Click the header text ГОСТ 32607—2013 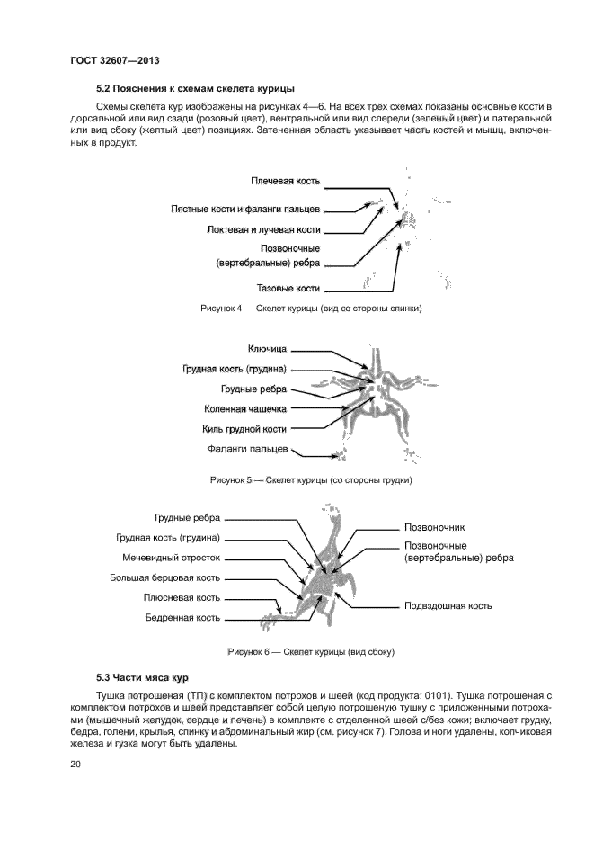(x=114, y=61)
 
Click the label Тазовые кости (x=289, y=289)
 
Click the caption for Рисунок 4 (x=311, y=309)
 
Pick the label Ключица (x=267, y=348)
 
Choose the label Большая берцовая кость (x=164, y=578)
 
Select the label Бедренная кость (x=182, y=618)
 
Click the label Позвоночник (x=436, y=528)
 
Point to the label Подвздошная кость (x=448, y=605)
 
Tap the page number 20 (x=75, y=765)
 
